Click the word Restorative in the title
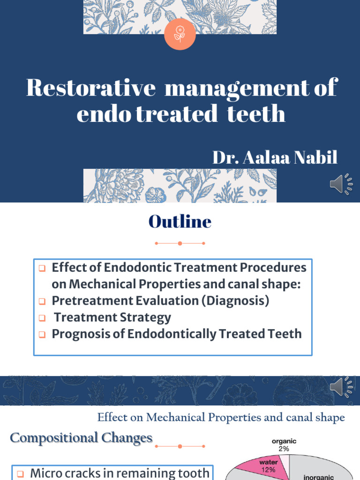(90, 88)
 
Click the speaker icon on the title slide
(341, 184)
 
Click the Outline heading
(180, 222)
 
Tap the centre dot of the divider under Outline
(180, 243)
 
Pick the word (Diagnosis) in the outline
(235, 300)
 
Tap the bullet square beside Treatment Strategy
(42, 318)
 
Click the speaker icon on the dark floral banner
(341, 387)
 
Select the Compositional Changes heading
(82, 438)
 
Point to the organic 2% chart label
(284, 445)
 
